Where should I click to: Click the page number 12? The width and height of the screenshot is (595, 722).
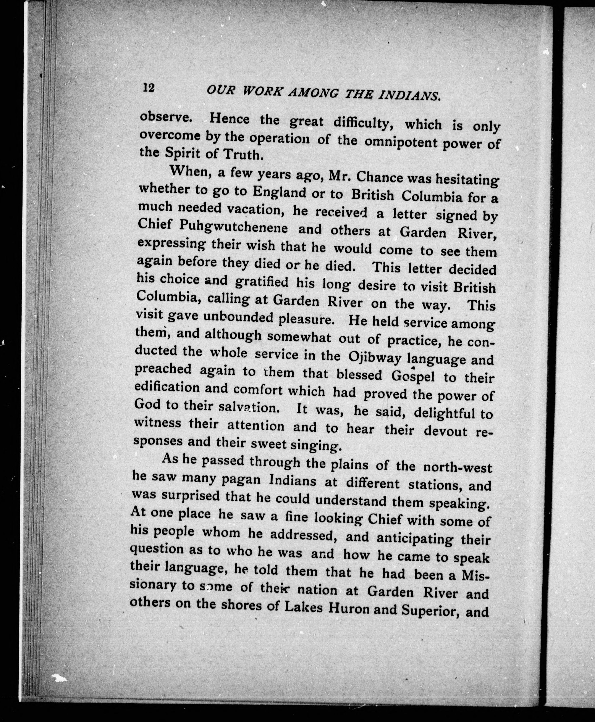click(149, 88)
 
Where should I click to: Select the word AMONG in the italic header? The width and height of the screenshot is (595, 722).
click(313, 93)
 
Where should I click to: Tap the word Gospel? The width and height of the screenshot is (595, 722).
click(413, 376)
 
